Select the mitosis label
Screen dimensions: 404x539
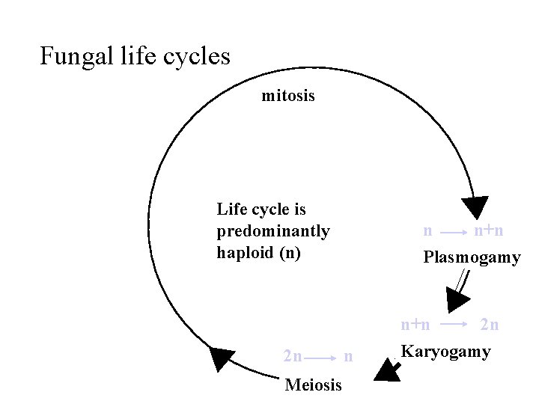(x=288, y=96)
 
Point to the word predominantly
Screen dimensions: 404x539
(x=273, y=231)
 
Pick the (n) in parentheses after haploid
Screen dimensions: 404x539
(x=290, y=253)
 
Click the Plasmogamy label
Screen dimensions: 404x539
(x=472, y=258)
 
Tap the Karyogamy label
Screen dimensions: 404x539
(x=446, y=352)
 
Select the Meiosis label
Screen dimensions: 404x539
(x=314, y=385)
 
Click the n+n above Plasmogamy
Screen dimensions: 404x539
(x=489, y=231)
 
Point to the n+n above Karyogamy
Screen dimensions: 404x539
(x=415, y=325)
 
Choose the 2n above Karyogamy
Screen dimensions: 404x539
(x=490, y=325)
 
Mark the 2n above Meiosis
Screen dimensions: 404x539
(x=293, y=357)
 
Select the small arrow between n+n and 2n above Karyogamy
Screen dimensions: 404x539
(x=453, y=325)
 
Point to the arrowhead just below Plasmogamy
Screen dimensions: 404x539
(x=456, y=299)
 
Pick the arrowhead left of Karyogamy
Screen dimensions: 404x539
(x=387, y=370)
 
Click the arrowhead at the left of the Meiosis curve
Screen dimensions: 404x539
(x=220, y=358)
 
